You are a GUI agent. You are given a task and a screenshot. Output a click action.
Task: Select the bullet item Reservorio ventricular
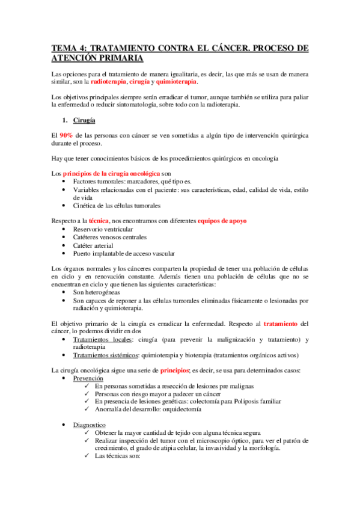pyautogui.click(x=103, y=229)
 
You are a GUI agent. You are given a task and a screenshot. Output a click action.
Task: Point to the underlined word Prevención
pyautogui.click(x=88, y=378)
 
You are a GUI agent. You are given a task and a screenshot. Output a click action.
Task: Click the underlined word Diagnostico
pyautogui.click(x=90, y=425)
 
